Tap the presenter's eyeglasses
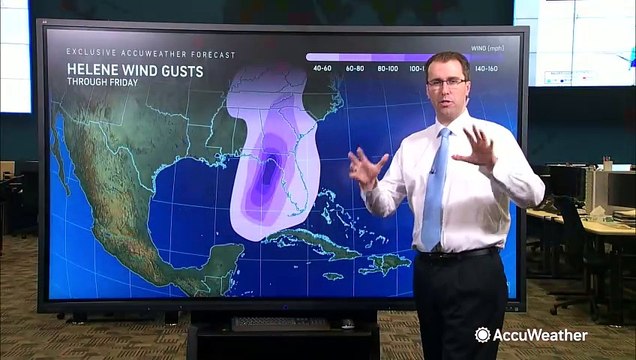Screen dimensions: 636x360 (x=447, y=81)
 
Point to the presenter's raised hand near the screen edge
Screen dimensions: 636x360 (x=477, y=148)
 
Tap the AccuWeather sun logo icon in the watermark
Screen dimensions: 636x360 (x=482, y=335)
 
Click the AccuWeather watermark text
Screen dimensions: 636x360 (x=538, y=335)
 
